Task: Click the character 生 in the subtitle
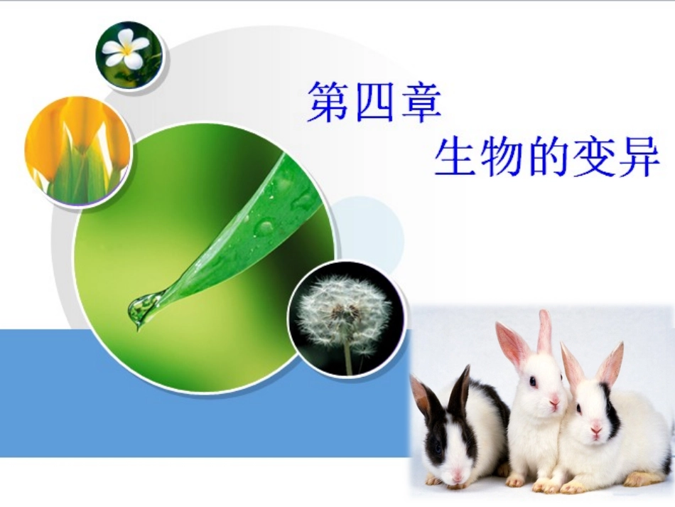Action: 455,158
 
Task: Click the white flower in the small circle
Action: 126,50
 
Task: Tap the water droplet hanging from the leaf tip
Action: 141,309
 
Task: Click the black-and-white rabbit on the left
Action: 455,434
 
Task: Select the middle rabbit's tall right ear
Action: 545,332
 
